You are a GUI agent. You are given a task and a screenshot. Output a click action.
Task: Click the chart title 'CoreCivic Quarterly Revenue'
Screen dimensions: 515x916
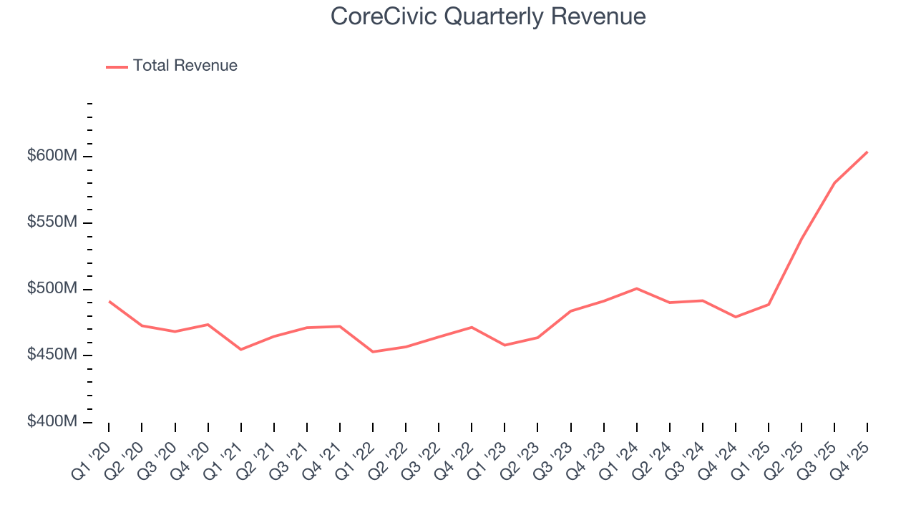coord(488,16)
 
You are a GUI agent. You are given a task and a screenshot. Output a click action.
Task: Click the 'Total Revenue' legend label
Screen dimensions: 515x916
coord(185,66)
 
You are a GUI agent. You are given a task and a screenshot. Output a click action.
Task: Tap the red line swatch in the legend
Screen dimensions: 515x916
coord(117,67)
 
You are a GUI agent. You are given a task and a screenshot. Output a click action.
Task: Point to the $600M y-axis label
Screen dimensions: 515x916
coord(52,156)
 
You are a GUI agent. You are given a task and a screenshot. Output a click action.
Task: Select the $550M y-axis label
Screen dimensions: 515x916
coord(52,222)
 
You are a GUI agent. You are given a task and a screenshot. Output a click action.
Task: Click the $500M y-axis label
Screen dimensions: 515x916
coord(52,289)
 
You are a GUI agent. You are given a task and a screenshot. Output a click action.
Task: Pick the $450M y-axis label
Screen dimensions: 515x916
coord(52,355)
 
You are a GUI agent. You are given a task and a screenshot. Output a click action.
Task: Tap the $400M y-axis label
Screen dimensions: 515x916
coord(52,422)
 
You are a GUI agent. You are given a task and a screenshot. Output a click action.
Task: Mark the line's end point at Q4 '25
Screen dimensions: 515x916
coord(867,152)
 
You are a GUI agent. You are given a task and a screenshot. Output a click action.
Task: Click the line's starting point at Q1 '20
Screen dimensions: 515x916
coord(109,301)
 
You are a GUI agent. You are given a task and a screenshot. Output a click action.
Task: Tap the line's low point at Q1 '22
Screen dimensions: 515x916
coord(373,352)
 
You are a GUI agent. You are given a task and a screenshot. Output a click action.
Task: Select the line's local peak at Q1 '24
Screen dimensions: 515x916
coord(637,288)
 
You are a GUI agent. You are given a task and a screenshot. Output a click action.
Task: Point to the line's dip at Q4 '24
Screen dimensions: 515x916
coord(736,317)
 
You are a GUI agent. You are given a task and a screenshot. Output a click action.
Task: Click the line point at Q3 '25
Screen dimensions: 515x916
coord(834,182)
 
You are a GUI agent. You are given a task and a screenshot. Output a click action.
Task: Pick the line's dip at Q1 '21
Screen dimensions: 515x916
coord(240,349)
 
